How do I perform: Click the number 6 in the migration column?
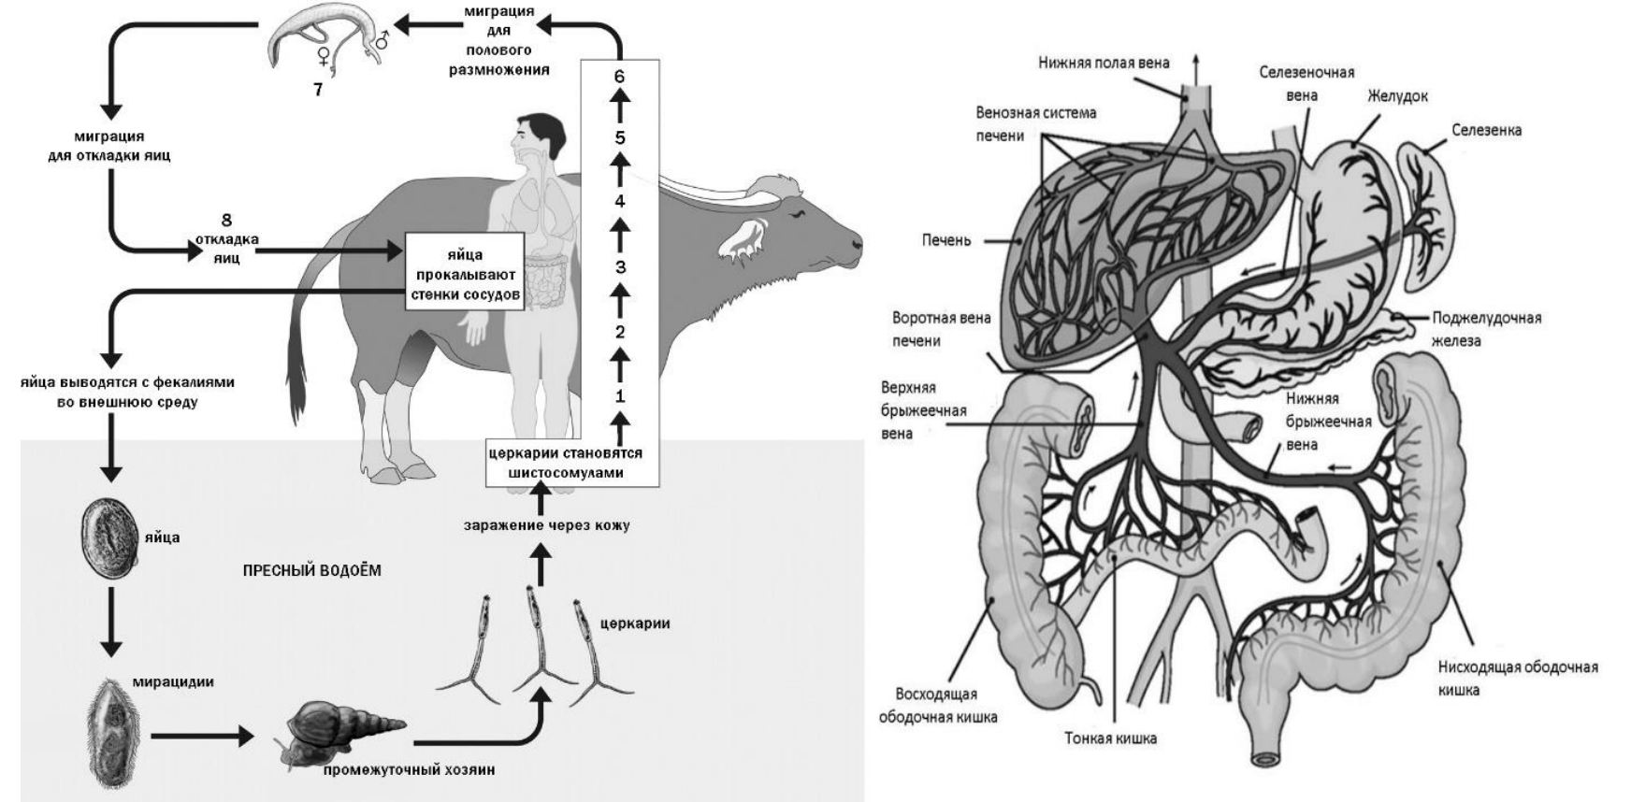(x=619, y=76)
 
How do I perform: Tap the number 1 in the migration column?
(x=619, y=395)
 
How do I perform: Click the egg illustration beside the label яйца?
(x=109, y=532)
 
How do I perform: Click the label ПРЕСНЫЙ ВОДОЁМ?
(x=312, y=570)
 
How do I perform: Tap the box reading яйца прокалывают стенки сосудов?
(x=464, y=275)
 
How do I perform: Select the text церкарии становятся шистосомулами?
(x=565, y=463)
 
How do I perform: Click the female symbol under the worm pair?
(x=324, y=57)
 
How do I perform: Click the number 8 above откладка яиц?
(x=226, y=221)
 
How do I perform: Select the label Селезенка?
(x=1486, y=130)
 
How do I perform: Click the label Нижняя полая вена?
(x=1104, y=63)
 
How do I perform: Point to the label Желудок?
(x=1397, y=96)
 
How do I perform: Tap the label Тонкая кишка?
(x=1110, y=738)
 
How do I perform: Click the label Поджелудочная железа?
(x=1485, y=329)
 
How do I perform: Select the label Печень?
(x=946, y=240)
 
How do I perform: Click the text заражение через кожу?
(x=546, y=525)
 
